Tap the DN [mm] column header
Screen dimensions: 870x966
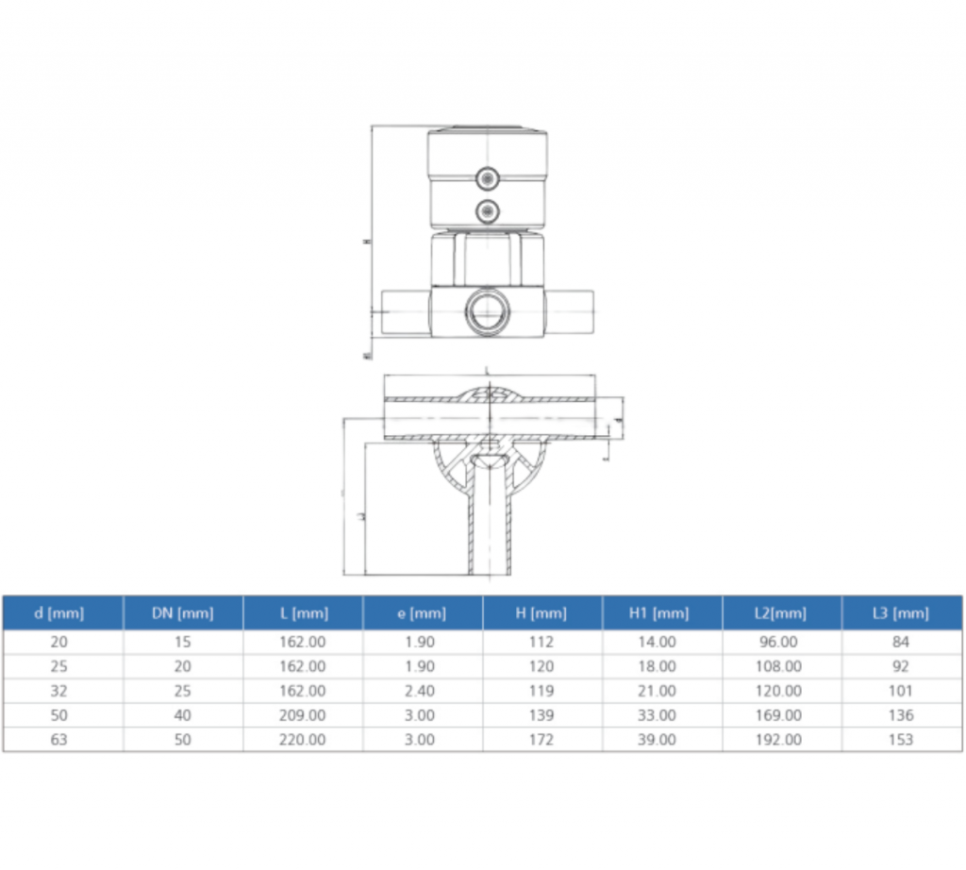pyautogui.click(x=183, y=613)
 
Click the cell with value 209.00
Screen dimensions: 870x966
pyautogui.click(x=303, y=715)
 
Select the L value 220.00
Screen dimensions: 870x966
pyautogui.click(x=303, y=740)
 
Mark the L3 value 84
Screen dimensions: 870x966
pyautogui.click(x=901, y=642)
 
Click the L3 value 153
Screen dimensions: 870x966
pyautogui.click(x=901, y=740)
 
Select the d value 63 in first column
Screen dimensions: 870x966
pyautogui.click(x=58, y=740)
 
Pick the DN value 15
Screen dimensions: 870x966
pyautogui.click(x=183, y=642)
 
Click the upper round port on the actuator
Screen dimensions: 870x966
pyautogui.click(x=487, y=176)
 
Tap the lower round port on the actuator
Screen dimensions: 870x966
pyautogui.click(x=487, y=209)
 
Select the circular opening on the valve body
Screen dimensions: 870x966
pyautogui.click(x=487, y=310)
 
